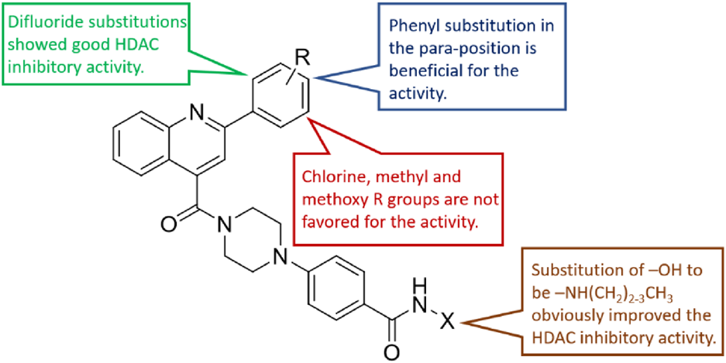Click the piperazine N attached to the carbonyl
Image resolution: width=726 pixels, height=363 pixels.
pyautogui.click(x=225, y=225)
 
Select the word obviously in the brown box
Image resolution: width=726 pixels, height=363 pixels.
pyautogui.click(x=563, y=318)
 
